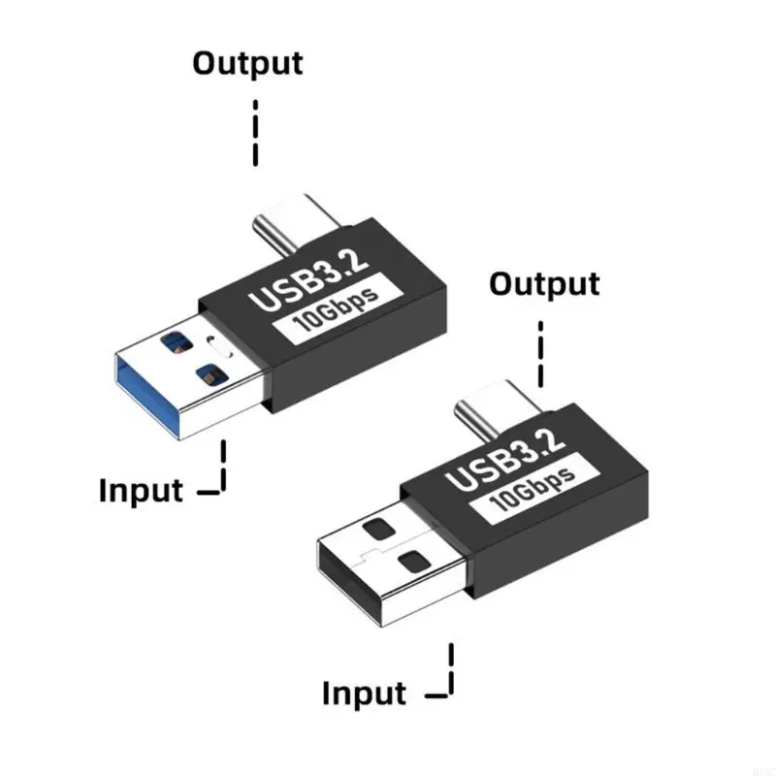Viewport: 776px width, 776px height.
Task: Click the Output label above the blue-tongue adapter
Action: [x=247, y=63]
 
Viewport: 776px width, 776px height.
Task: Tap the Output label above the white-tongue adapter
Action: [x=544, y=284]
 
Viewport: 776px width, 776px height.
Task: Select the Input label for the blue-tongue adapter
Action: [x=141, y=490]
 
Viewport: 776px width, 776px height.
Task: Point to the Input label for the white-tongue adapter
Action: [x=364, y=694]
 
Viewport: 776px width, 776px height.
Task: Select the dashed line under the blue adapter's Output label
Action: [x=255, y=131]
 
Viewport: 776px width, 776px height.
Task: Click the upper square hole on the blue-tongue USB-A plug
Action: [x=177, y=340]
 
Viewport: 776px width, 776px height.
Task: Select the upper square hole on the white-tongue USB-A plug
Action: [x=378, y=529]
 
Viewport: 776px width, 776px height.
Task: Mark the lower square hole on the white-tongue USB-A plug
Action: [x=412, y=560]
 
